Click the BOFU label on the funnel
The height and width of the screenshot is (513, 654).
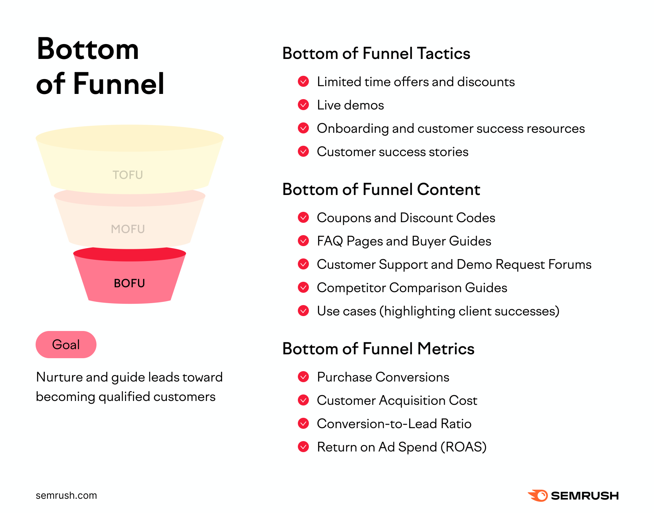coord(129,283)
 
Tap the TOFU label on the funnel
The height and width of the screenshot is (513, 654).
coord(128,175)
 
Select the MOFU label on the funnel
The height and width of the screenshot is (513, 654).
coord(128,229)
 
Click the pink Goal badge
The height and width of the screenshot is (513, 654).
coord(66,344)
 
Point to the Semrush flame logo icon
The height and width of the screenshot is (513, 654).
coord(538,496)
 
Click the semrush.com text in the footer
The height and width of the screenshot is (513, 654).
coord(66,495)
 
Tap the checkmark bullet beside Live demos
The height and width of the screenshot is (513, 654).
coord(303,105)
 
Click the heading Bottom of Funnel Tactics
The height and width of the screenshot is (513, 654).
coord(376,53)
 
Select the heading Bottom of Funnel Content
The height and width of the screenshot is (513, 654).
coord(381,189)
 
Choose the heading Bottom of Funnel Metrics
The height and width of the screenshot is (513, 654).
coord(378,349)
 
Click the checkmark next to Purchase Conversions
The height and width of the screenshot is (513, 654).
coord(303,377)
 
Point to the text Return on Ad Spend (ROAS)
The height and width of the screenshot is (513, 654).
coord(402,447)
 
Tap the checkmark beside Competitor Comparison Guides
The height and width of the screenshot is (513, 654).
coord(303,288)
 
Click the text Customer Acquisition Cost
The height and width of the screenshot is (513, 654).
coord(397,400)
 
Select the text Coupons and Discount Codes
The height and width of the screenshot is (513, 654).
coord(406,218)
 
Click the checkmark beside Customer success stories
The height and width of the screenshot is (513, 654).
coord(303,152)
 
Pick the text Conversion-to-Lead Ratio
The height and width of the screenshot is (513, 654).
coord(394,424)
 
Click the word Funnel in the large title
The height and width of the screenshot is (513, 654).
coord(119,84)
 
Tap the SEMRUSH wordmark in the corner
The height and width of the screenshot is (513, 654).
coord(585,496)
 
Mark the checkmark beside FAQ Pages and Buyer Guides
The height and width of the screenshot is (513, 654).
coord(303,241)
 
